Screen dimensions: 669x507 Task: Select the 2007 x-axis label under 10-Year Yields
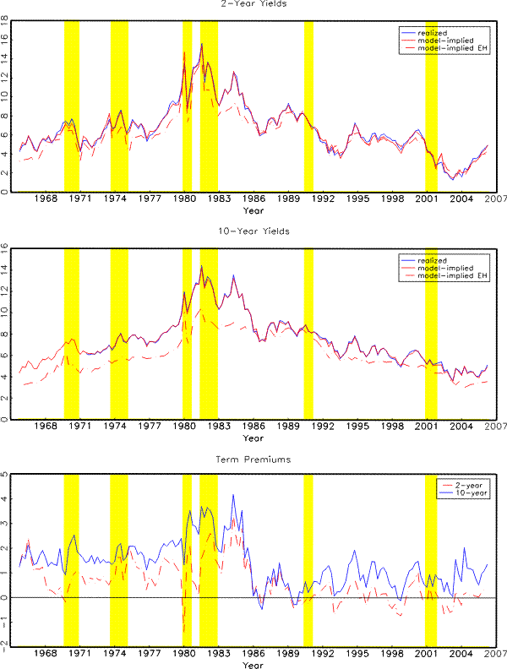(496, 427)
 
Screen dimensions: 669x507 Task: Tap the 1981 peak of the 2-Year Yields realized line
(201, 44)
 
